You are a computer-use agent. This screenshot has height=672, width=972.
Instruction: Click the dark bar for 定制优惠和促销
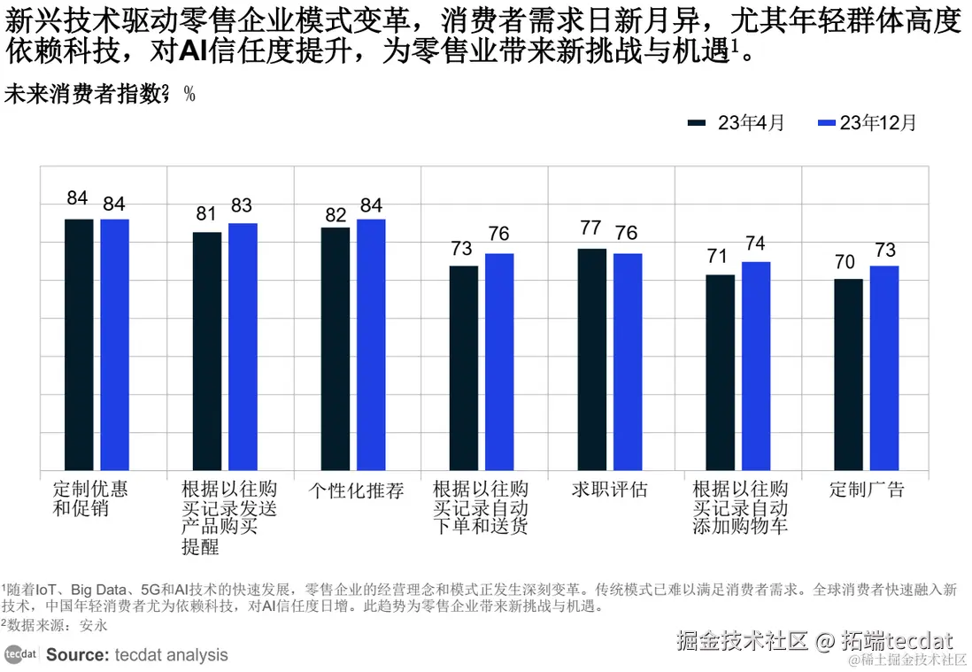[x=79, y=344]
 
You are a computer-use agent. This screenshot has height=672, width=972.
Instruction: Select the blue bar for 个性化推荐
[x=371, y=344]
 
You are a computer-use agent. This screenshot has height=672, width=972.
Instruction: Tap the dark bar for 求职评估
[x=591, y=359]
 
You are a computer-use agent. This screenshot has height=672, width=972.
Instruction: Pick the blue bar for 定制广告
[x=883, y=367]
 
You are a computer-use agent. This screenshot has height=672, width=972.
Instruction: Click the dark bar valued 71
[x=720, y=373]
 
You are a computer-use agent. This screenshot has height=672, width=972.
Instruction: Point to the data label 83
[x=242, y=206]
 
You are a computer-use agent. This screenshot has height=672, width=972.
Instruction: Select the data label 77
[x=590, y=228]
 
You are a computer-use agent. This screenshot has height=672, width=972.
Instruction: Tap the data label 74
[x=755, y=244]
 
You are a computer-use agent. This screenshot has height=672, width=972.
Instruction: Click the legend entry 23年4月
[x=737, y=123]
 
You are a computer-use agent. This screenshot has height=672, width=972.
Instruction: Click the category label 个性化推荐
[x=357, y=490]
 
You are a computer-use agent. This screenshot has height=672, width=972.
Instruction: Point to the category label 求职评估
[x=610, y=490]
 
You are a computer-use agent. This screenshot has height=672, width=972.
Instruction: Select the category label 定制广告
[x=867, y=490]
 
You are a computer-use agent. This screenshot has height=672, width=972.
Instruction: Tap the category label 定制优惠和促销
[x=89, y=498]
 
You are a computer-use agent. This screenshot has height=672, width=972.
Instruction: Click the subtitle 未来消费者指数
[x=85, y=95]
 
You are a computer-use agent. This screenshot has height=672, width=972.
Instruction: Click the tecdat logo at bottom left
[x=20, y=655]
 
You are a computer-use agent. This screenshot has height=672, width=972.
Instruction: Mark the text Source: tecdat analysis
[x=137, y=655]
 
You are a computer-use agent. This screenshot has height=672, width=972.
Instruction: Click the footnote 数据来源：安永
[x=55, y=625]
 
